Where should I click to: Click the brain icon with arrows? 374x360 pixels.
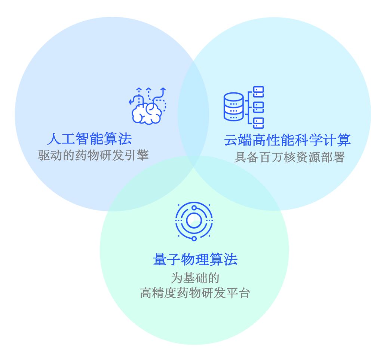click(x=147, y=106)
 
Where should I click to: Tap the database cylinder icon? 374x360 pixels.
click(x=233, y=107)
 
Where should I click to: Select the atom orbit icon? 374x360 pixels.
click(x=194, y=221)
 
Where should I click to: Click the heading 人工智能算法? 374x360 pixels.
click(x=89, y=139)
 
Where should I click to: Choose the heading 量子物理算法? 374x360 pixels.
click(x=195, y=259)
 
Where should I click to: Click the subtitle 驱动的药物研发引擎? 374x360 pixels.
click(x=93, y=155)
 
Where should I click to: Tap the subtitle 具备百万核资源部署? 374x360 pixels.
click(x=289, y=157)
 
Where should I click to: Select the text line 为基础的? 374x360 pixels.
click(x=194, y=278)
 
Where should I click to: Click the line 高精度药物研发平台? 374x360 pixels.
click(x=194, y=293)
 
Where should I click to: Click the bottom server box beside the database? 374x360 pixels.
click(x=258, y=122)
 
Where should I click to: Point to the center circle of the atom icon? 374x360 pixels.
click(x=194, y=220)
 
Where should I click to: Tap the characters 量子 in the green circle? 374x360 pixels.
click(x=167, y=259)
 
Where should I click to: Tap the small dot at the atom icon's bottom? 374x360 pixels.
click(x=194, y=238)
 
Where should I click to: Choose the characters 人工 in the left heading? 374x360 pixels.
click(x=61, y=139)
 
